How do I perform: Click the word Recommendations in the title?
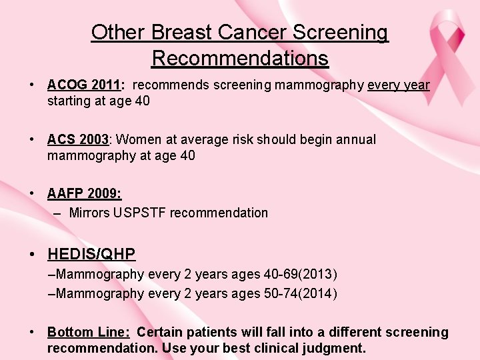pos(240,58)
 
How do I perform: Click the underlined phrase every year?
pos(398,85)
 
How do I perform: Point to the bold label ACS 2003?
pos(77,139)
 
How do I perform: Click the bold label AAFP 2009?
pos(84,193)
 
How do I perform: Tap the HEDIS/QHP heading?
pos(91,253)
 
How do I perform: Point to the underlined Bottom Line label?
pos(89,332)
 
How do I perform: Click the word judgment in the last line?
pos(333,348)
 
